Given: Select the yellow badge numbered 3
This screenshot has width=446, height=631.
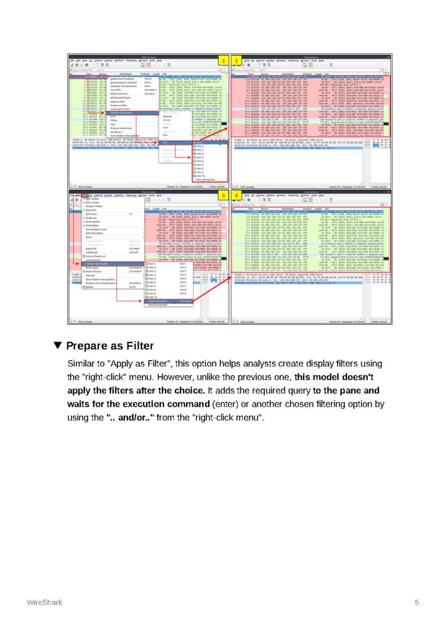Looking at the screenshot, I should pyautogui.click(x=224, y=195).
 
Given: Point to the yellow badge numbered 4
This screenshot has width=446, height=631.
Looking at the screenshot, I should pyautogui.click(x=236, y=195).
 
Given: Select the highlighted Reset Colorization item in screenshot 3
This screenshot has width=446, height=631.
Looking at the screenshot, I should pyautogui.click(x=161, y=301).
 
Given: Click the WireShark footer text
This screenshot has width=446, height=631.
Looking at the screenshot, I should pyautogui.click(x=44, y=601).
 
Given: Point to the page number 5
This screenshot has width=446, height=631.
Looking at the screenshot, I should pyautogui.click(x=417, y=601).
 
